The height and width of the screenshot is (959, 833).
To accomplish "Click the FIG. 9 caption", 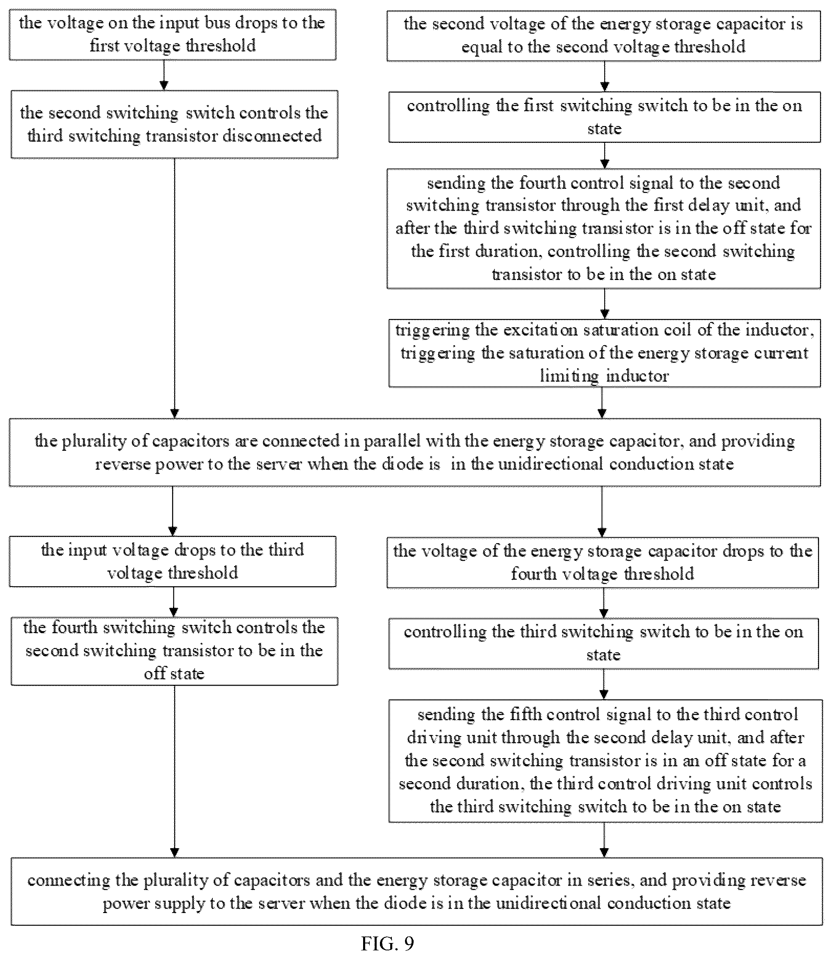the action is coord(387,943).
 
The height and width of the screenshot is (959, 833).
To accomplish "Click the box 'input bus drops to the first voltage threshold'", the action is coord(173,35).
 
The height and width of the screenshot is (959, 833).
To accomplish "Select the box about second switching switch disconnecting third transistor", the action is coord(174,124).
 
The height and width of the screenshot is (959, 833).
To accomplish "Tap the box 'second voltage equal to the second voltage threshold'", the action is coord(603,35).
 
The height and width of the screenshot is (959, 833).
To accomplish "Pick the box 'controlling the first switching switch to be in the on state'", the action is coord(604,117).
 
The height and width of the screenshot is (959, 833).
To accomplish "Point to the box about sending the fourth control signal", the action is coord(603,229).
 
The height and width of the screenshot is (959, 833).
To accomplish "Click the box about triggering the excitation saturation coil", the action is coord(604,353).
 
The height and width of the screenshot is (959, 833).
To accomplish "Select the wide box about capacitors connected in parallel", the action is coord(414,452).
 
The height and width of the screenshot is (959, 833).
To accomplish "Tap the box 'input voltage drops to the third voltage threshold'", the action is coord(173,561).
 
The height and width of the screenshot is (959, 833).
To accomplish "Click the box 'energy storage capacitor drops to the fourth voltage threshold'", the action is coord(603,562).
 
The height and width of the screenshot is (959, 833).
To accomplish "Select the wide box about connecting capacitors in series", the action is coord(416,892).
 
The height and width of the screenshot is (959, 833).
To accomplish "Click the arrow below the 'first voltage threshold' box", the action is coord(163,75).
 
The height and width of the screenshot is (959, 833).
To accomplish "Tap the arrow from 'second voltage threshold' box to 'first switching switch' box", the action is coord(604,77).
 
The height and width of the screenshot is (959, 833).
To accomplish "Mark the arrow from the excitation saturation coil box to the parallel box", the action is coord(602,403).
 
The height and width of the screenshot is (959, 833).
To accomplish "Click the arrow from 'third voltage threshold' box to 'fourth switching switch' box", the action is coord(173,602).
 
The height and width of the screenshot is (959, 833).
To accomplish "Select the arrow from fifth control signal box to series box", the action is coord(604,840).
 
